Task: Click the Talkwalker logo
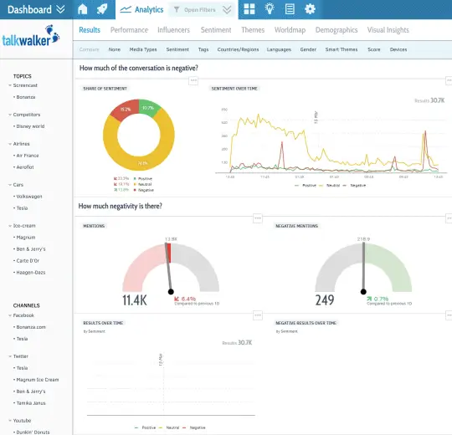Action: coord(32,39)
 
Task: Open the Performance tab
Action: coord(129,30)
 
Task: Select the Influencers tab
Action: coord(173,30)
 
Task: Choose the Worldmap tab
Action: coord(290,30)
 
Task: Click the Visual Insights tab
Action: coord(388,30)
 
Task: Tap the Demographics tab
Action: coord(336,30)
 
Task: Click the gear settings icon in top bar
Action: coord(310,9)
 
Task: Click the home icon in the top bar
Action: coord(82,9)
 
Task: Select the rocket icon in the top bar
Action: coord(101,9)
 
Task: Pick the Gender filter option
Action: coord(308,49)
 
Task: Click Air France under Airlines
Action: coord(27,155)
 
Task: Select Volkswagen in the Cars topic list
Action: coord(28,196)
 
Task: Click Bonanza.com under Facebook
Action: coord(30,327)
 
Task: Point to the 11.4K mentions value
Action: coord(135,299)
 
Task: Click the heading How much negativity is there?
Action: coord(121,206)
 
